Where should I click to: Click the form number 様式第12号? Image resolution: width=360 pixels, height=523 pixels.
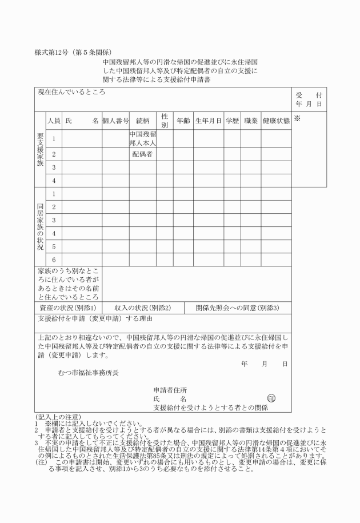tap(56, 53)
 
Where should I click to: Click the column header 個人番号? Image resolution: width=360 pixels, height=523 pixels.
tap(115, 121)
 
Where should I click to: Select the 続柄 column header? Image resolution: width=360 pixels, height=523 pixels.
tap(143, 121)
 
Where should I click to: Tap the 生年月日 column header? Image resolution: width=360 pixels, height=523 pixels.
tap(208, 121)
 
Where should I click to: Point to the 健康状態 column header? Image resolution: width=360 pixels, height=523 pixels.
tap(276, 121)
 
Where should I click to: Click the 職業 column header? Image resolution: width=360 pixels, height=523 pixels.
tap(251, 121)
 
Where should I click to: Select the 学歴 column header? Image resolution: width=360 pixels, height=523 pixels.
tap(232, 121)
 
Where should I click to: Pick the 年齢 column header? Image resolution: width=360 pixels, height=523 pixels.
tap(183, 121)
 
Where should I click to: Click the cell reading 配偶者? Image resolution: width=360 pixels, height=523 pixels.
tap(143, 154)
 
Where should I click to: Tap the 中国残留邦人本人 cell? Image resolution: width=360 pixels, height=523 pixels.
tap(143, 138)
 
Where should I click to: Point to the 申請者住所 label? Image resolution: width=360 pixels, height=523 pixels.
tap(170, 390)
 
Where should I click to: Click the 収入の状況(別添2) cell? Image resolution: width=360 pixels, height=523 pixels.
tap(142, 308)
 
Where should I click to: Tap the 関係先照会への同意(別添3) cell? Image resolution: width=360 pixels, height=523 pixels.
tap(237, 308)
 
